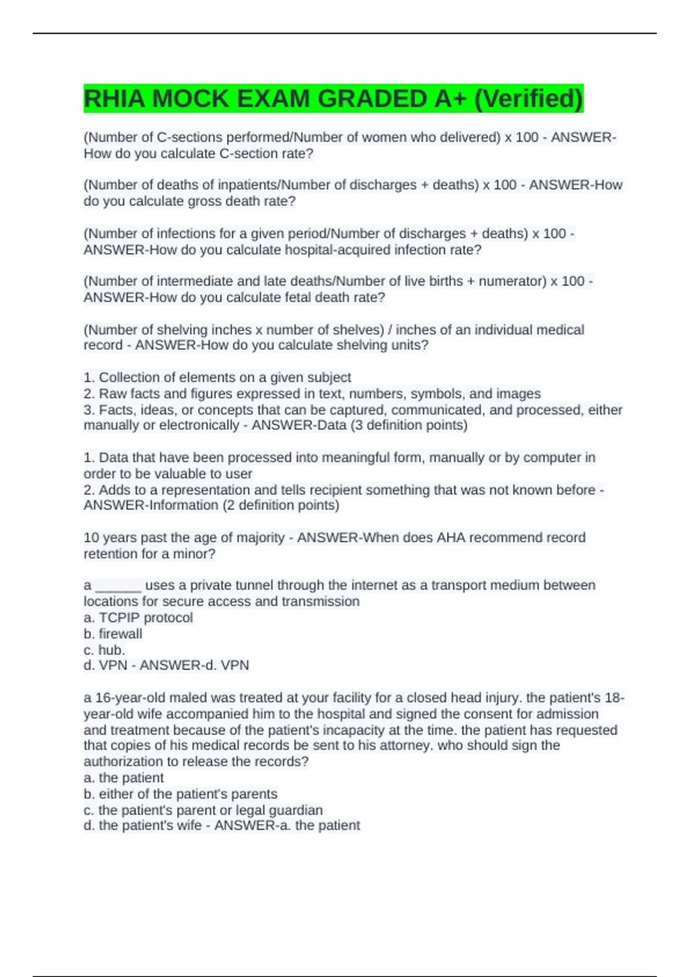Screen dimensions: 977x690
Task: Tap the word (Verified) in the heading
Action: pos(528,99)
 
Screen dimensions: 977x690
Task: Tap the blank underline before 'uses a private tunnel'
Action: pos(118,586)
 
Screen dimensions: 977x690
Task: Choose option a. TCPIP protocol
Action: pos(138,618)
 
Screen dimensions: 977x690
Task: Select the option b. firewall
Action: pos(113,634)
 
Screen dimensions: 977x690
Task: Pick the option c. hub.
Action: pos(104,650)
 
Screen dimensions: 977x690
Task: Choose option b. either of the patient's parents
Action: pos(180,794)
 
